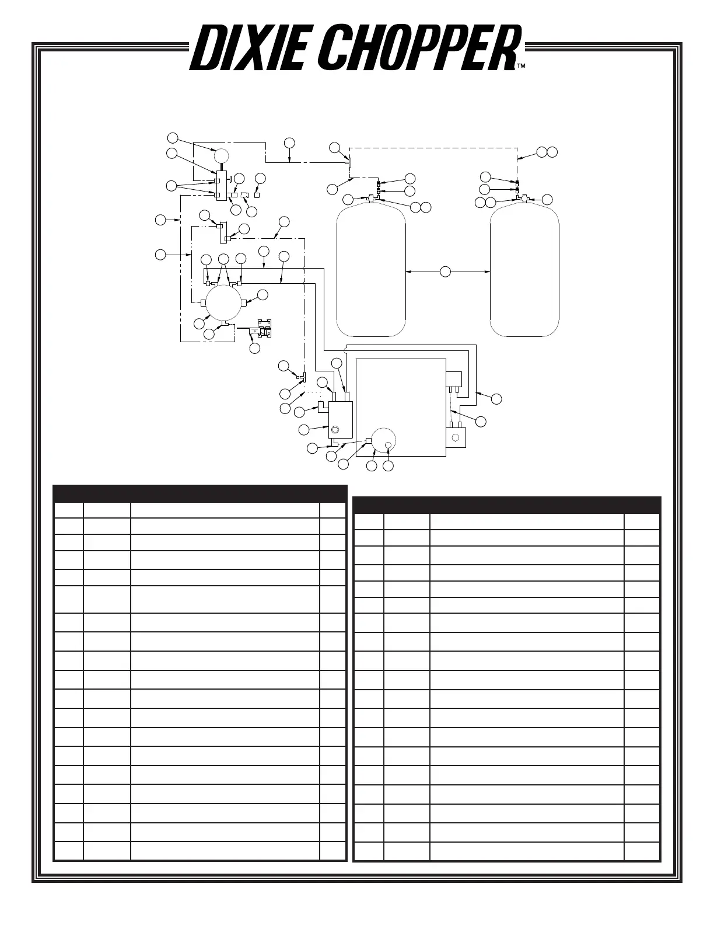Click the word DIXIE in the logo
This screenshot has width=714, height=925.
[x=247, y=48]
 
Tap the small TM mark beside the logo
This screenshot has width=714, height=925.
[x=521, y=67]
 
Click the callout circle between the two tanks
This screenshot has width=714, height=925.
[x=445, y=272]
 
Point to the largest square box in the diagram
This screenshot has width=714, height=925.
[x=401, y=408]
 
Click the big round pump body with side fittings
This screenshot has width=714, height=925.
[x=223, y=303]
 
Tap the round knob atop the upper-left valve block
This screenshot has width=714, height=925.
[x=221, y=156]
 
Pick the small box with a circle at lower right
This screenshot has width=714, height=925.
[x=456, y=437]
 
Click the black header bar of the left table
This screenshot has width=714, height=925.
[x=200, y=494]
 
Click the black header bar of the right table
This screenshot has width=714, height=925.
[x=507, y=505]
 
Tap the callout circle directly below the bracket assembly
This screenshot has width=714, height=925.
[x=255, y=348]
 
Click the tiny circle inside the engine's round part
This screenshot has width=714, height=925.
[x=388, y=445]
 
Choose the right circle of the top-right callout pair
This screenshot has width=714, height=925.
[x=552, y=152]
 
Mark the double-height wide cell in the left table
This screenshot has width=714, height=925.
[x=225, y=599]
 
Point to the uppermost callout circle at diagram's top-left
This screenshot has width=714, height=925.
[x=173, y=138]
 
